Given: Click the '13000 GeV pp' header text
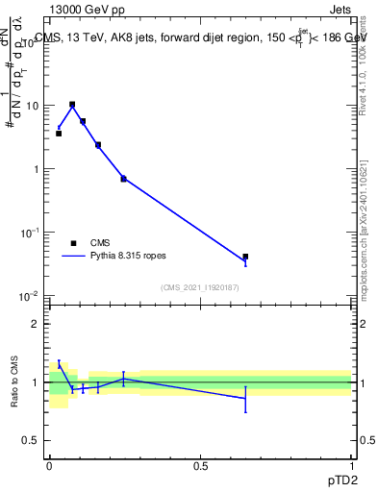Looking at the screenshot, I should [86, 10].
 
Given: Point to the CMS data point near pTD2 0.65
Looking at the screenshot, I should [245, 257].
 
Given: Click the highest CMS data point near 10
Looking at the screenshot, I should [72, 104].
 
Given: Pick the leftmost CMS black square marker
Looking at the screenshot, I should [59, 134].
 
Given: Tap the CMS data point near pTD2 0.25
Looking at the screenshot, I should [123, 179].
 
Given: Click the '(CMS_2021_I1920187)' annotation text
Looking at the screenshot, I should [200, 287].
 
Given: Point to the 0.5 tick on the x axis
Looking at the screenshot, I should [200, 464].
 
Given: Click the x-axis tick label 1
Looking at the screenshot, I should [351, 464].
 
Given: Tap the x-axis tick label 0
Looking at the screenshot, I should [49, 464].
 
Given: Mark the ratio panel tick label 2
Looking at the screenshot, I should [37, 324].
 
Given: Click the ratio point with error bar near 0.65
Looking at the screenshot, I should [245, 398].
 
